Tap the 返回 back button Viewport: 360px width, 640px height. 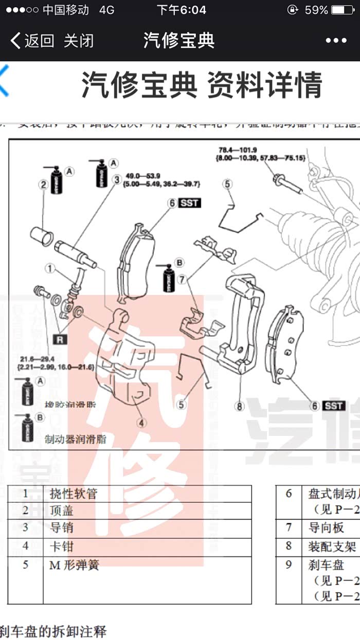32,41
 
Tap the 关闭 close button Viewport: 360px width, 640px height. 79,41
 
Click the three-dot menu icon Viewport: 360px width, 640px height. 336,41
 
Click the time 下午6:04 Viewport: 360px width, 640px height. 181,10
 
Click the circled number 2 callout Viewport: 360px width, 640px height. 44,184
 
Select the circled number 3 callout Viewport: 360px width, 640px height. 117,179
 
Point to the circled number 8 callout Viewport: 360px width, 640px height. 239,406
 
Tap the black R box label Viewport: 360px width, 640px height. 60,339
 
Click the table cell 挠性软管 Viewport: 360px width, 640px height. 74,494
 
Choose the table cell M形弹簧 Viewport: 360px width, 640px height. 74,565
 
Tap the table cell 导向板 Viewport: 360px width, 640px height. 326,528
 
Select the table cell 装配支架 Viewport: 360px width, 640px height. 332,546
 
